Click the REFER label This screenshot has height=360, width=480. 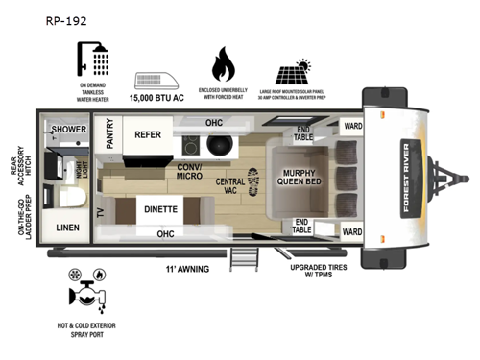click(147, 135)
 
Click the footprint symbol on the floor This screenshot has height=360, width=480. click(253, 180)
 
